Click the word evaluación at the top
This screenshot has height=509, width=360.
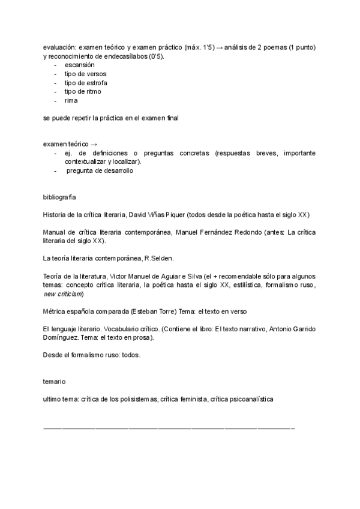(59, 47)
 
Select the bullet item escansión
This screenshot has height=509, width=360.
(80, 65)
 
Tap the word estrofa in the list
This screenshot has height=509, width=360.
(95, 83)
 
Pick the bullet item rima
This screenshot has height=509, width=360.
(71, 101)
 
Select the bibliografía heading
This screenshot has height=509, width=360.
(59, 197)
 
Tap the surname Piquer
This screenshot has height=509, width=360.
(176, 214)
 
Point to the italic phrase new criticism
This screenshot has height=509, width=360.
(63, 294)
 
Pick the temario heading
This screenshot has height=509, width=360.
(55, 382)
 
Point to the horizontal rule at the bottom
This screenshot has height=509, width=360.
(169, 429)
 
